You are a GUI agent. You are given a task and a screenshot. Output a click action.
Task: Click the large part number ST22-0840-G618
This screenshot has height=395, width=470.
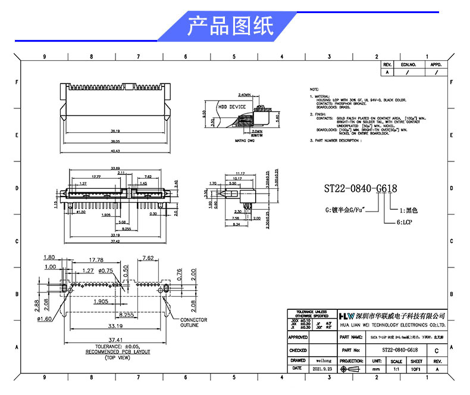tap(361, 189)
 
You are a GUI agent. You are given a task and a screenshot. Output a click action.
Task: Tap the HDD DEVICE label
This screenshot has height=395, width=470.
tap(233, 107)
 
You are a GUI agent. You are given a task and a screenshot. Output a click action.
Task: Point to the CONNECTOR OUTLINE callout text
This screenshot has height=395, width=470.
tap(194, 322)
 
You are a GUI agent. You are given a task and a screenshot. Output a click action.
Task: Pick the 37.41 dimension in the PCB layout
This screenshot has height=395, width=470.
tap(115, 338)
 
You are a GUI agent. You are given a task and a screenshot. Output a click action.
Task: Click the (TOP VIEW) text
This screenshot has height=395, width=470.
tap(117, 357)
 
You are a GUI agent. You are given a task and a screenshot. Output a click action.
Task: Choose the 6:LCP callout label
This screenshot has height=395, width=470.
tap(405, 222)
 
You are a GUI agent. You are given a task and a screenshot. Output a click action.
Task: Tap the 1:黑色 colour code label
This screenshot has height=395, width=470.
tap(409, 210)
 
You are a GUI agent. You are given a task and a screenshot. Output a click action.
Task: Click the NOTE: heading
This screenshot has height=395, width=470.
tap(315, 88)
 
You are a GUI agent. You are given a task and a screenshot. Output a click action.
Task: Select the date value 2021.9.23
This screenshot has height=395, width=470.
tap(324, 369)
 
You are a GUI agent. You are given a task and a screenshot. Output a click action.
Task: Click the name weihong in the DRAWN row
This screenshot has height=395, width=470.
tap(324, 360)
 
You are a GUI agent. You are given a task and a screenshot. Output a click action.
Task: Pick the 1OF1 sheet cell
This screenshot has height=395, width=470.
tap(416, 369)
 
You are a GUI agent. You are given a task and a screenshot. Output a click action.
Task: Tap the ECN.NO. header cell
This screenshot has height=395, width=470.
tap(408, 64)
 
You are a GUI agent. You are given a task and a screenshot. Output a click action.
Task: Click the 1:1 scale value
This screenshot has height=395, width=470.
tap(396, 369)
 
